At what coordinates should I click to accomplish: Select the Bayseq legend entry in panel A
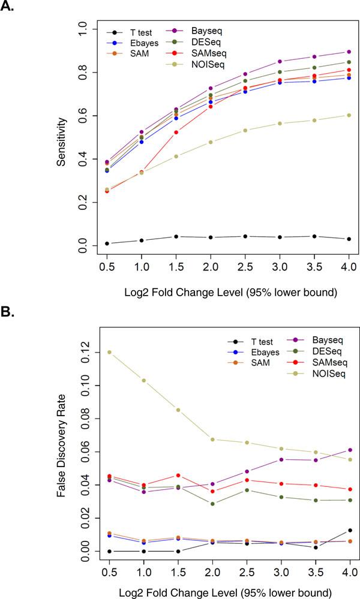pyautogui.click(x=200, y=29)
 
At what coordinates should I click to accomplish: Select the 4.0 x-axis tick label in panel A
pyautogui.click(x=349, y=264)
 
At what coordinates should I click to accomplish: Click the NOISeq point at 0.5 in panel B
pyautogui.click(x=107, y=352)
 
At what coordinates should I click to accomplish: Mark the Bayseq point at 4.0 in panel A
pyautogui.click(x=349, y=52)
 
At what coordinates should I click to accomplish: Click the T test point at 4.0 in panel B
pyautogui.click(x=349, y=530)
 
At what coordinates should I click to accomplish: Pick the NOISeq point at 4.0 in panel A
pyautogui.click(x=349, y=115)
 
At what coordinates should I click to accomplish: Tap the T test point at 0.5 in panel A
pyautogui.click(x=107, y=243)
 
